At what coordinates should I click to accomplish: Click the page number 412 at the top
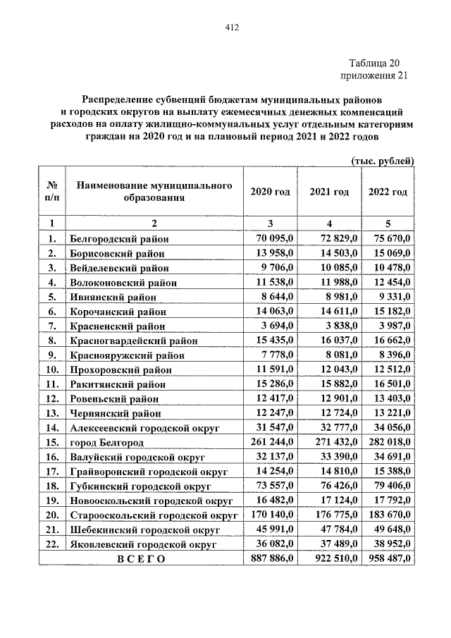pyautogui.click(x=232, y=27)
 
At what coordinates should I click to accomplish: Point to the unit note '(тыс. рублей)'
pyautogui.click(x=383, y=161)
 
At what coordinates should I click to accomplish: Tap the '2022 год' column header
pyautogui.click(x=388, y=192)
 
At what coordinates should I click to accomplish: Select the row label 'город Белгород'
pyautogui.click(x=106, y=442)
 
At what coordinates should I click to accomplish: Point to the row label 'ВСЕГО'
pyautogui.click(x=140, y=559)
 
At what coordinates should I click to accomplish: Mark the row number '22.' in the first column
pyautogui.click(x=51, y=544)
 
